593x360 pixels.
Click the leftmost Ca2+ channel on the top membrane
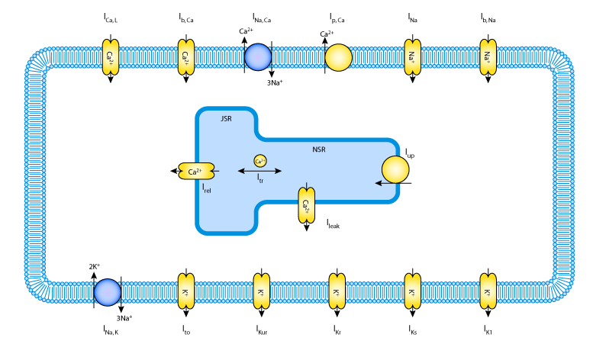point(111,57)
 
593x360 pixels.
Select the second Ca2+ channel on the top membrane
point(186,57)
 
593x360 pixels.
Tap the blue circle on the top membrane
point(258,57)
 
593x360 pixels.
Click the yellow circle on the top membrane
point(338,57)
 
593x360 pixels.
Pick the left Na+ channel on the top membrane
point(412,57)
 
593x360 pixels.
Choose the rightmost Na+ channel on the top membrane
point(488,57)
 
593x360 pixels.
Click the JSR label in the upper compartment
point(226,119)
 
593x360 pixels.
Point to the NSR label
point(319,149)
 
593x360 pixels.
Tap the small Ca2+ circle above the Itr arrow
point(260,161)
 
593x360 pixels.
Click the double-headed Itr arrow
point(259,171)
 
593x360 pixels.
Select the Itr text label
point(260,178)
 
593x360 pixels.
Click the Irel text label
point(207,188)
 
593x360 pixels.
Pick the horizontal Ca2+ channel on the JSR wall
point(196,172)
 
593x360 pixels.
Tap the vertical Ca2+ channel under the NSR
point(306,205)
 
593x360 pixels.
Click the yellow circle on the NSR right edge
point(395,169)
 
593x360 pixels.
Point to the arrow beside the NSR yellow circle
point(379,183)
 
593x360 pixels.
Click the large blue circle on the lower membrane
point(108,292)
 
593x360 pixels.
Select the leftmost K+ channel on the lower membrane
point(186,291)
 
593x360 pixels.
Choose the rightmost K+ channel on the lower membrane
point(488,291)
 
